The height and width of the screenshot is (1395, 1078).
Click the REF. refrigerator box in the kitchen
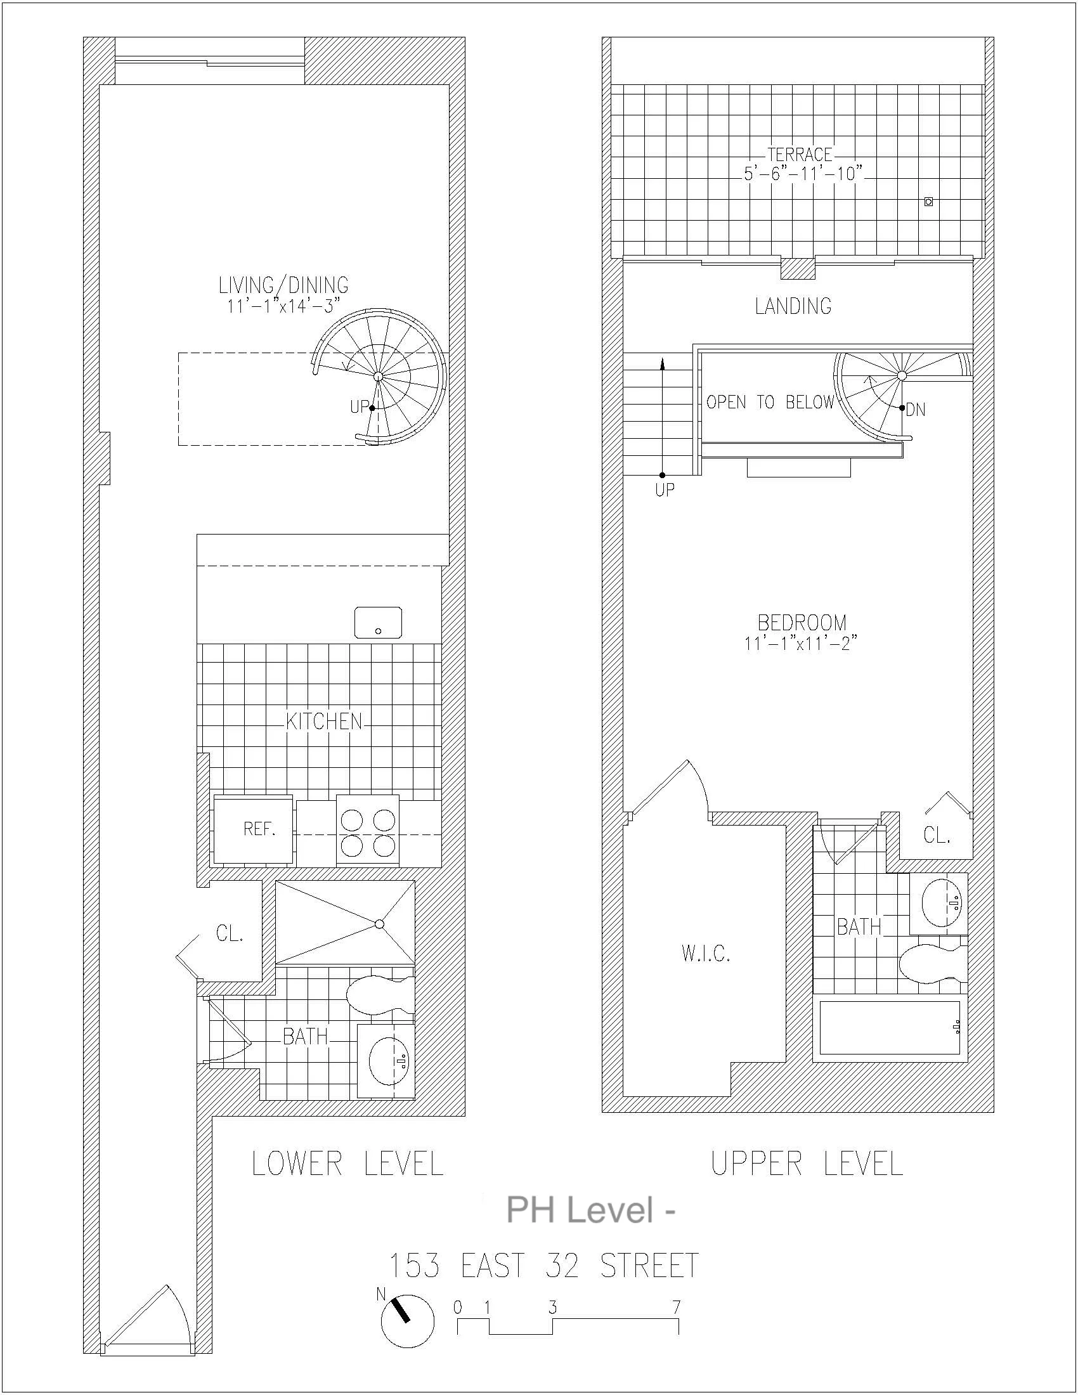point(254,829)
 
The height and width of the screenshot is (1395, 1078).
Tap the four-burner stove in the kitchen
point(367,829)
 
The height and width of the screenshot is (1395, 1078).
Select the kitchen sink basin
point(378,622)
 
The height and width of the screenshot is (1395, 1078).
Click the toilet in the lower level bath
point(378,995)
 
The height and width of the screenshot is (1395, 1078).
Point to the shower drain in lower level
point(379,924)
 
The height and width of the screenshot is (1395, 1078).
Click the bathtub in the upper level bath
point(890,1028)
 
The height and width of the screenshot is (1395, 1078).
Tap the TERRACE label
point(800,155)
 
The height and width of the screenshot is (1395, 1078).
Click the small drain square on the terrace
point(928,202)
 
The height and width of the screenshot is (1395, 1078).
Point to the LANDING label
point(793,307)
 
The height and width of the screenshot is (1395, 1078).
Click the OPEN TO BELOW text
point(770,403)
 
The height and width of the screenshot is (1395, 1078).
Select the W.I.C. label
point(706,954)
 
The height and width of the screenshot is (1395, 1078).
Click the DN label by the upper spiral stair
point(916,410)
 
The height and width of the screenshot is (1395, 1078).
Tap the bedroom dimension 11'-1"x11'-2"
point(800,643)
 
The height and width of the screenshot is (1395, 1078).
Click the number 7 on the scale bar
point(677,1307)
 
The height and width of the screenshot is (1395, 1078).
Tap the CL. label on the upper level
point(937,835)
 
